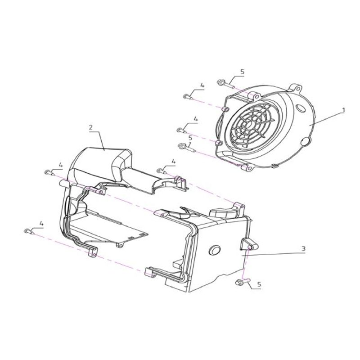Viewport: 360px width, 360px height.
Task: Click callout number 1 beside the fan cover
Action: [x=343, y=110]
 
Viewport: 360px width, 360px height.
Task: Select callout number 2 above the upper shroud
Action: [x=91, y=127]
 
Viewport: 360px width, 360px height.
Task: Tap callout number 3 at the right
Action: [x=303, y=248]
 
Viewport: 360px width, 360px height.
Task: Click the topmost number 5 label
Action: [x=243, y=72]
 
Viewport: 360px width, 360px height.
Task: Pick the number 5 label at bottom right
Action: [x=259, y=284]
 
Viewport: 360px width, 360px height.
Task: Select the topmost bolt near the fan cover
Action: [x=225, y=84]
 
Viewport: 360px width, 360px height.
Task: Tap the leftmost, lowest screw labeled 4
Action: [x=29, y=231]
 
